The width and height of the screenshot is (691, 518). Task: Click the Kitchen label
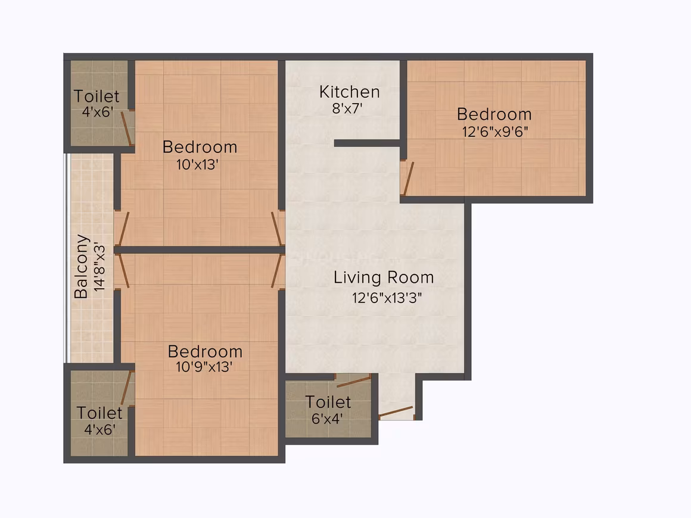pyautogui.click(x=350, y=92)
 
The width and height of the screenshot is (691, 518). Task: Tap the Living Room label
pyautogui.click(x=384, y=277)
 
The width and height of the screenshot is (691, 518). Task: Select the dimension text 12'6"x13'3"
pyautogui.click(x=387, y=298)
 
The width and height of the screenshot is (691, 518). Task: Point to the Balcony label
pyautogui.click(x=82, y=267)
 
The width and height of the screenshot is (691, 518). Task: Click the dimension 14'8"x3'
pyautogui.click(x=100, y=267)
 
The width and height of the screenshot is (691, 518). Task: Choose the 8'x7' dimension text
pyautogui.click(x=347, y=108)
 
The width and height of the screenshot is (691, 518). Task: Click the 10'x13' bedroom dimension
pyautogui.click(x=197, y=165)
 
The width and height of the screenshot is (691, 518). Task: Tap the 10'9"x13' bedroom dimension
pyautogui.click(x=204, y=367)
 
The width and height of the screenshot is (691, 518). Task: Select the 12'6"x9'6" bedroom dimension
pyautogui.click(x=495, y=132)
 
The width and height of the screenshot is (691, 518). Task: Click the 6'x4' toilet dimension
pyautogui.click(x=327, y=419)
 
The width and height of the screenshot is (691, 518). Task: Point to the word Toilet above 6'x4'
pyautogui.click(x=328, y=402)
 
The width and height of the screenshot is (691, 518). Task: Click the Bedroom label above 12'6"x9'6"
pyautogui.click(x=494, y=114)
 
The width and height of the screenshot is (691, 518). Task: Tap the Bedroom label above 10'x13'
pyautogui.click(x=200, y=147)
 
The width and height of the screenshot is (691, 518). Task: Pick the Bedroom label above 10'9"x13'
pyautogui.click(x=205, y=351)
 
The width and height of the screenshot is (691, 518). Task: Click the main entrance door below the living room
pyautogui.click(x=396, y=413)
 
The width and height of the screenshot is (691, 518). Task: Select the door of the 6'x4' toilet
pyautogui.click(x=353, y=382)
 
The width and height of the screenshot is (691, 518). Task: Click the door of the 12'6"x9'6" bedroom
pyautogui.click(x=407, y=179)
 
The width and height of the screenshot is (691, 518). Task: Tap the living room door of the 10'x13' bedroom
pyautogui.click(x=277, y=229)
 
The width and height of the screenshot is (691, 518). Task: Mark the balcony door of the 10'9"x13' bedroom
pyautogui.click(x=123, y=271)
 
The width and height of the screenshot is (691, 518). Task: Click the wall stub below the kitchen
pyautogui.click(x=367, y=143)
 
